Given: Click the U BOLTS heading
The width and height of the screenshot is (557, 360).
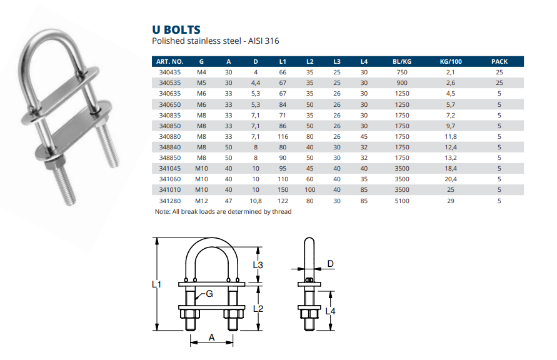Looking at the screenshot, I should pos(176,29).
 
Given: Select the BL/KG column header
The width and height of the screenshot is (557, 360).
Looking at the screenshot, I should pos(401,61).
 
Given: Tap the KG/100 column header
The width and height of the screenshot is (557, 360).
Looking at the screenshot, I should pos(449,61).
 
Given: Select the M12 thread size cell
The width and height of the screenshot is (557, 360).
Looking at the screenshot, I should pos(201,201).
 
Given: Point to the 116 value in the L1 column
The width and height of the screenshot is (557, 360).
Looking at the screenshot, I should pos(283,136).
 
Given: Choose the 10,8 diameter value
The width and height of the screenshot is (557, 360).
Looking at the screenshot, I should pos(256,201).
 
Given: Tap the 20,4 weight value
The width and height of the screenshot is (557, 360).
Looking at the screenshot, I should pos(449,179).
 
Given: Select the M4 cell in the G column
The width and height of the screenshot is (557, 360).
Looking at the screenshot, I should pos(201,72).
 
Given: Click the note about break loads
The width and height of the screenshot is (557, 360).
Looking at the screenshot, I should pos(223,211).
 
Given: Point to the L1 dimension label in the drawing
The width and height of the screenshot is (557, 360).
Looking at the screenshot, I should pos(158,284).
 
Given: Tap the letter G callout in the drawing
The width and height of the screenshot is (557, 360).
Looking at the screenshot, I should pos(209,294).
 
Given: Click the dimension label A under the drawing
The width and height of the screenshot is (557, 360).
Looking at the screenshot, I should pos(211,337).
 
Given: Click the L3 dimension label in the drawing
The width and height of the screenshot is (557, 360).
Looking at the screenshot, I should pos(258,265).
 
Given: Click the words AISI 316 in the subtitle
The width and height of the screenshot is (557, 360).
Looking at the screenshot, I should pos(263,41).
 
